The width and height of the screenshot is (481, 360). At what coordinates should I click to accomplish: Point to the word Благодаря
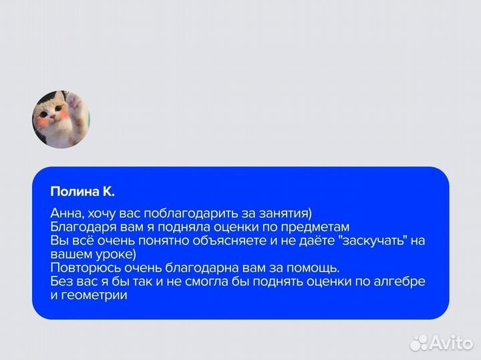pyautogui.click(x=79, y=227)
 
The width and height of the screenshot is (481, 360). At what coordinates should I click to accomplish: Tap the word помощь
pyautogui.click(x=313, y=268)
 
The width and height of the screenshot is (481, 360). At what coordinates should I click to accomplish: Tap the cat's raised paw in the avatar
pyautogui.click(x=73, y=102)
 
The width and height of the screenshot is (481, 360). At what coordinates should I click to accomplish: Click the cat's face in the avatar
pyautogui.click(x=53, y=118)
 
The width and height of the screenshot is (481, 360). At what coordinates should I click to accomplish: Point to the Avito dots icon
pyautogui.click(x=419, y=342)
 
